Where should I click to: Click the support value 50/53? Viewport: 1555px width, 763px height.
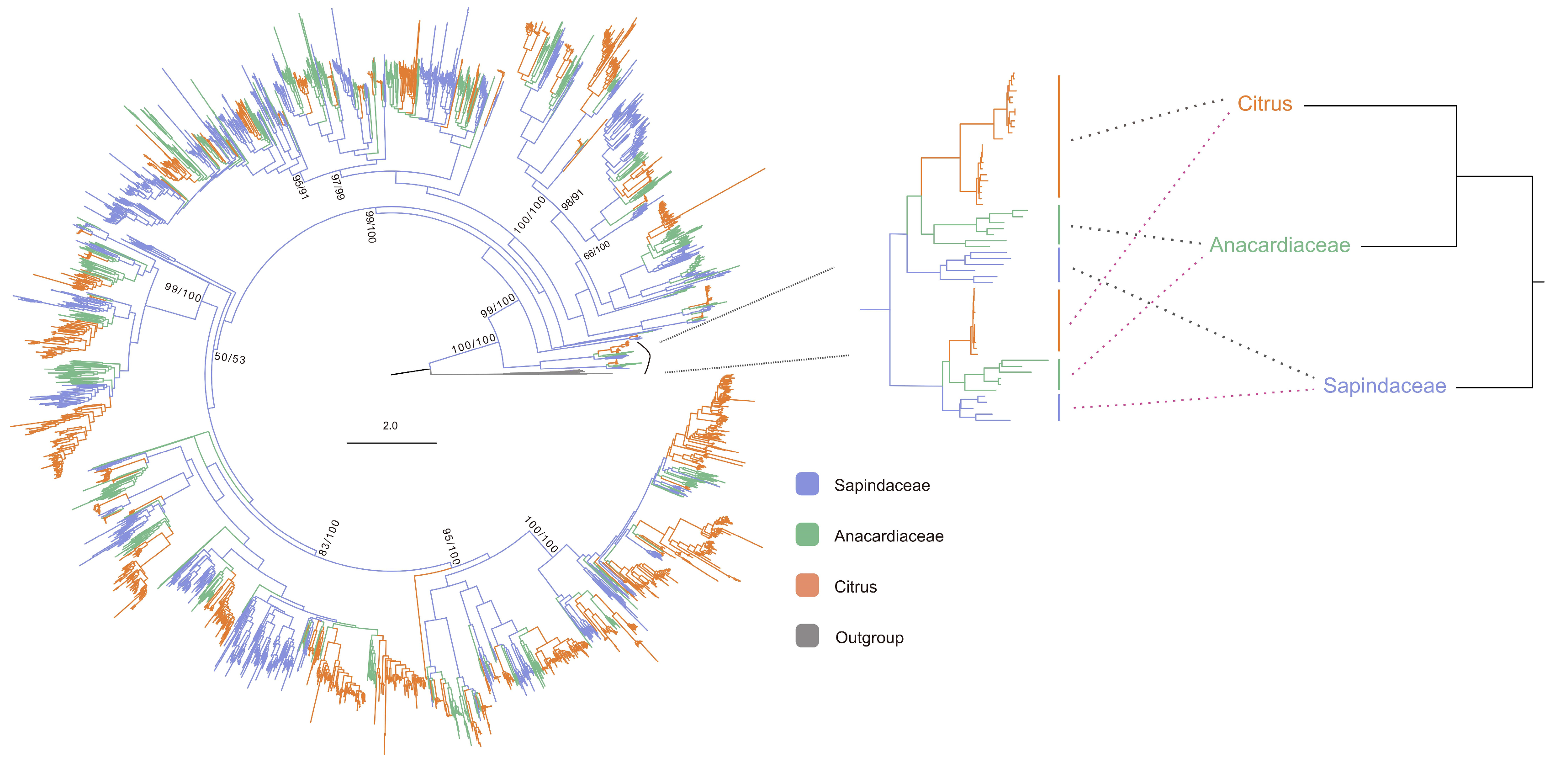230,358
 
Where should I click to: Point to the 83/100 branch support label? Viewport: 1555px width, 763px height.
329,538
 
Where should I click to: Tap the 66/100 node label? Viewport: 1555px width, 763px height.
597,250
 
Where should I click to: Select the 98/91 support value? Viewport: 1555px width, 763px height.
572,200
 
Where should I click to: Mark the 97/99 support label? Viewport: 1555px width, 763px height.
338,186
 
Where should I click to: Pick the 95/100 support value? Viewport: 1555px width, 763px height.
451,547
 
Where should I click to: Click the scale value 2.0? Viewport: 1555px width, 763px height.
390,425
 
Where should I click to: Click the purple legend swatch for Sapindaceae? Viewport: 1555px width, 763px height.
807,484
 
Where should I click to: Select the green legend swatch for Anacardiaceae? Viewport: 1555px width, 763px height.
807,535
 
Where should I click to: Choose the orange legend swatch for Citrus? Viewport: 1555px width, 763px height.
807,586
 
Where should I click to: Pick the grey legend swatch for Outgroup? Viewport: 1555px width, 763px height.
807,636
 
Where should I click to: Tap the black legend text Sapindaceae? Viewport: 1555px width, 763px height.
882,485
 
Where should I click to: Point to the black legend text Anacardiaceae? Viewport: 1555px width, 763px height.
889,536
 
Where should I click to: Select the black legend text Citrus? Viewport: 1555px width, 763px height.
855,587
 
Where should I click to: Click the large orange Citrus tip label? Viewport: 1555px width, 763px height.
1264,104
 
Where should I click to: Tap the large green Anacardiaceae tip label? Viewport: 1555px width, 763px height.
1280,245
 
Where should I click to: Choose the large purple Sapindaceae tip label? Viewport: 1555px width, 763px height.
1384,386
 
